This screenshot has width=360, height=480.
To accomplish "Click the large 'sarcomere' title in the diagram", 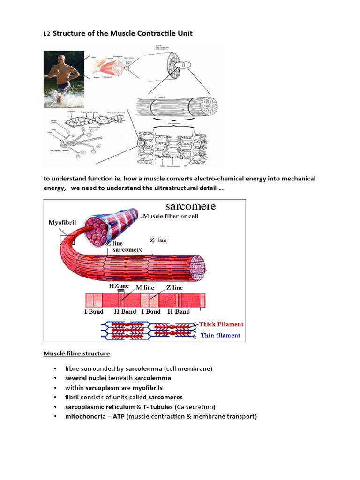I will (x=190, y=206).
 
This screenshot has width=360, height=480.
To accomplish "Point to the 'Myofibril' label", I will (x=62, y=222).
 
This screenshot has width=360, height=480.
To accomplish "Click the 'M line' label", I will (x=145, y=287).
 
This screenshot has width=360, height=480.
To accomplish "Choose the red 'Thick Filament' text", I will (x=221, y=324).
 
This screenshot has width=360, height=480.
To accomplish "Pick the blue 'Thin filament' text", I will (x=220, y=335).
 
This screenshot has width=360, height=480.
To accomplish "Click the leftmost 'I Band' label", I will (x=94, y=311).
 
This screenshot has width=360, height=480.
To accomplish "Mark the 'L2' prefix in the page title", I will (x=47, y=34).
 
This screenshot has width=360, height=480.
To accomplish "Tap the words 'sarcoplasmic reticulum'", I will (x=99, y=406).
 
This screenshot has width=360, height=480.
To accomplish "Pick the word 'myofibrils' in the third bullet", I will (x=147, y=388).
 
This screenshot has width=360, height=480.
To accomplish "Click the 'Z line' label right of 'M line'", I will (x=174, y=287).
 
